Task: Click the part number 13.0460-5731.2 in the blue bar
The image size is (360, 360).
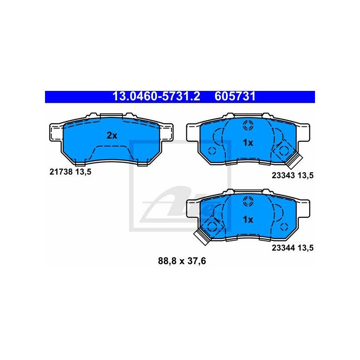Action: point(156,97)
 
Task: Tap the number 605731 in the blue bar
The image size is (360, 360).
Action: point(235,97)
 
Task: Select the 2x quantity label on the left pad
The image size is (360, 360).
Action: point(112,136)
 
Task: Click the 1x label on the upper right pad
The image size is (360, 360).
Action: point(248,143)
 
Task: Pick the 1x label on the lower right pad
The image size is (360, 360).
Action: point(248,220)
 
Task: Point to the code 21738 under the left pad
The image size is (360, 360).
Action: point(61,172)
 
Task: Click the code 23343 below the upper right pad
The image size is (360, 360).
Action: point(283,175)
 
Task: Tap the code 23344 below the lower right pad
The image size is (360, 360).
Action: point(283,248)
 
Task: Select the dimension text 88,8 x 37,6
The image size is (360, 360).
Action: point(182,261)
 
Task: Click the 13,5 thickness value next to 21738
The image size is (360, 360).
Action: point(83,172)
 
